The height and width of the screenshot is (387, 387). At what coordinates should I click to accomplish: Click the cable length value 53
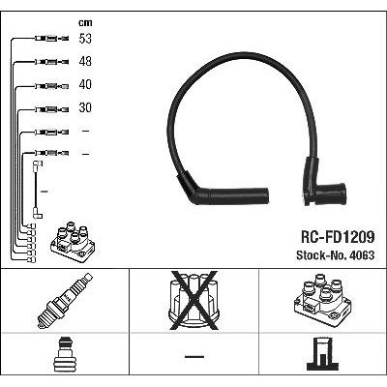pos(85,39)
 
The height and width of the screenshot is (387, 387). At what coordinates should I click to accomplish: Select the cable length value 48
pos(85,61)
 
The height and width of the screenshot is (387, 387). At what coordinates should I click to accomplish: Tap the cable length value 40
pos(85,84)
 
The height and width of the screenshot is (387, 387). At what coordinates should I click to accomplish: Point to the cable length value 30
pos(85,107)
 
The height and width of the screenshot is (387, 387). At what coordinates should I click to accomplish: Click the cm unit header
pos(85,22)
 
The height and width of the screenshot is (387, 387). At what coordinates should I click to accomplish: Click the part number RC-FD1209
pos(338,237)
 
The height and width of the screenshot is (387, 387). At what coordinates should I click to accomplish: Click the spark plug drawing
pos(65,301)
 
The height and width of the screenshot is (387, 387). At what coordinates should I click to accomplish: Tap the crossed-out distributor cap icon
pos(193,300)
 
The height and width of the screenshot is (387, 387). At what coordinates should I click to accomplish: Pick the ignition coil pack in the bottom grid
pos(322,301)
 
